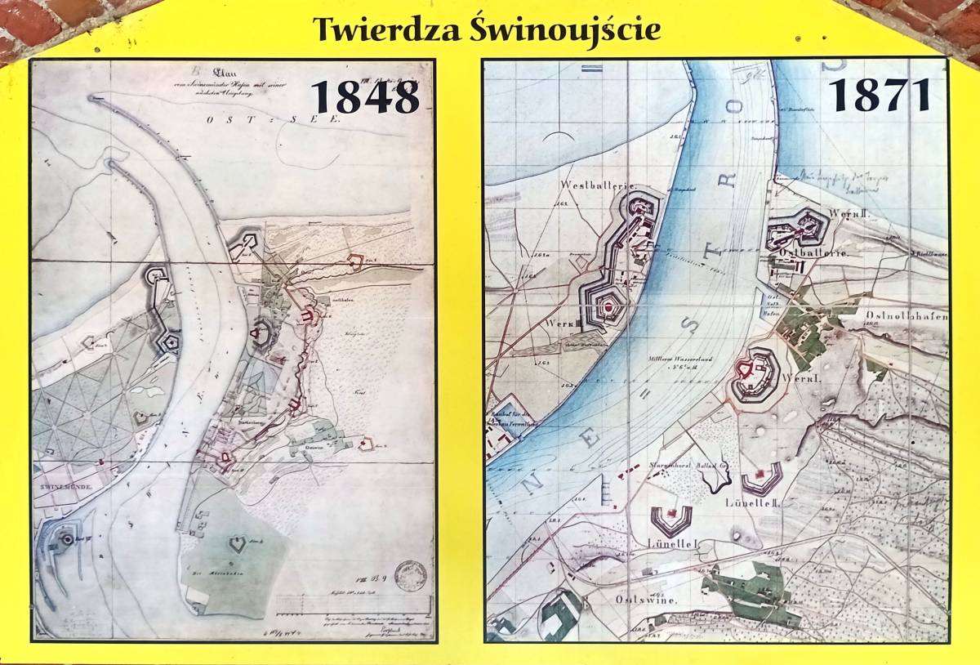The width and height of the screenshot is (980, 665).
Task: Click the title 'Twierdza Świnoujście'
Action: [x=487, y=29]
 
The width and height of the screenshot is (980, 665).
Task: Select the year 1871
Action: [x=881, y=95]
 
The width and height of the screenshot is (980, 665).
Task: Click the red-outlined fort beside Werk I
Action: [x=746, y=373]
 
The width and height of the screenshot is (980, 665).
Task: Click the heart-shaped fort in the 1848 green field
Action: [x=237, y=543]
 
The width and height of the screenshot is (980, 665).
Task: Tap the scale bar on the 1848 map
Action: [x=351, y=605]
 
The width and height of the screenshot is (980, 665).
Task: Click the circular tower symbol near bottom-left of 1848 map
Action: [x=62, y=537]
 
